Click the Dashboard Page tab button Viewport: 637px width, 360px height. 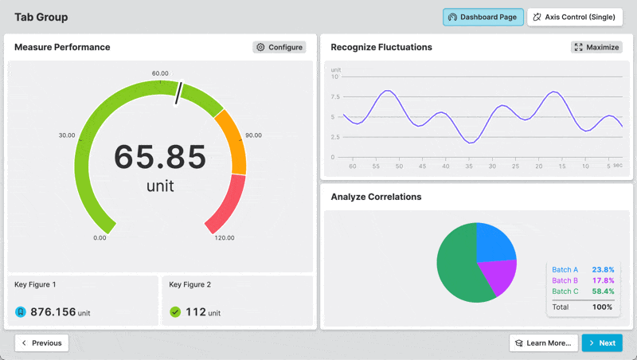tap(483, 17)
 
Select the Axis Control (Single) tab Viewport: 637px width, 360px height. tap(575, 17)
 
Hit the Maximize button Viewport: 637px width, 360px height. tap(596, 47)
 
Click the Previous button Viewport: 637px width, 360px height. tap(41, 342)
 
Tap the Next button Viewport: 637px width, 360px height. tap(601, 342)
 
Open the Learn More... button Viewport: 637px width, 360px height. tap(543, 342)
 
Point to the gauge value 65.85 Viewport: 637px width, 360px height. tap(160, 157)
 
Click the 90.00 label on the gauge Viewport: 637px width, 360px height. tap(253, 135)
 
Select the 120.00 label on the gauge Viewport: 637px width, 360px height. tap(225, 238)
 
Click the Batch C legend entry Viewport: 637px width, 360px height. tap(565, 292)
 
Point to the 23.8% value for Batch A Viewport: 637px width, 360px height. tap(603, 269)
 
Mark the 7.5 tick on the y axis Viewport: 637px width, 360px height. tap(335, 96)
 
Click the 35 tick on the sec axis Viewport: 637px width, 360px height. tap(470, 166)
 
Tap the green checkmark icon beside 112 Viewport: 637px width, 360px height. tap(175, 312)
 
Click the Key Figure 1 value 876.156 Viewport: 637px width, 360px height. tap(53, 312)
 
